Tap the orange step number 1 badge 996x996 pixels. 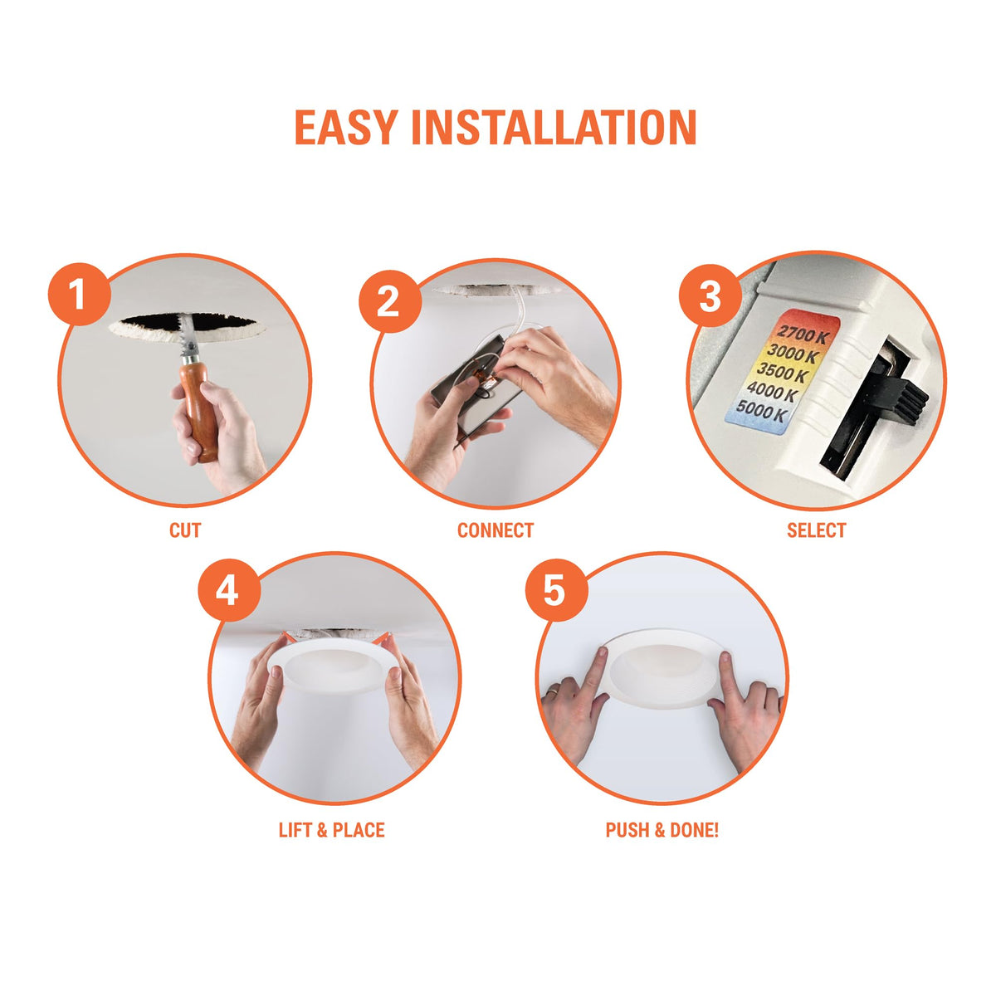click(x=79, y=295)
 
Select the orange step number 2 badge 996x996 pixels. click(x=388, y=301)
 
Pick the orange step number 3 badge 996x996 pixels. click(x=710, y=296)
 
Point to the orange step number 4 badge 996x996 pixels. click(x=228, y=590)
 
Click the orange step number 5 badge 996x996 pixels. click(x=555, y=590)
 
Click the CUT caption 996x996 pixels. click(x=184, y=530)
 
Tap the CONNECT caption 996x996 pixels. click(x=496, y=530)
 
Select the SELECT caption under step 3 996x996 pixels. click(x=816, y=530)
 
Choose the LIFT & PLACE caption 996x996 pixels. click(x=332, y=830)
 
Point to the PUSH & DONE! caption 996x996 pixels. click(x=662, y=830)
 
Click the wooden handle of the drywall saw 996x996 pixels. click(x=199, y=411)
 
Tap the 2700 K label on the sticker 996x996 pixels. click(x=803, y=336)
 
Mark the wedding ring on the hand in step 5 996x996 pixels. click(x=553, y=691)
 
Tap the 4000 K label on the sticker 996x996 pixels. click(x=773, y=393)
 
